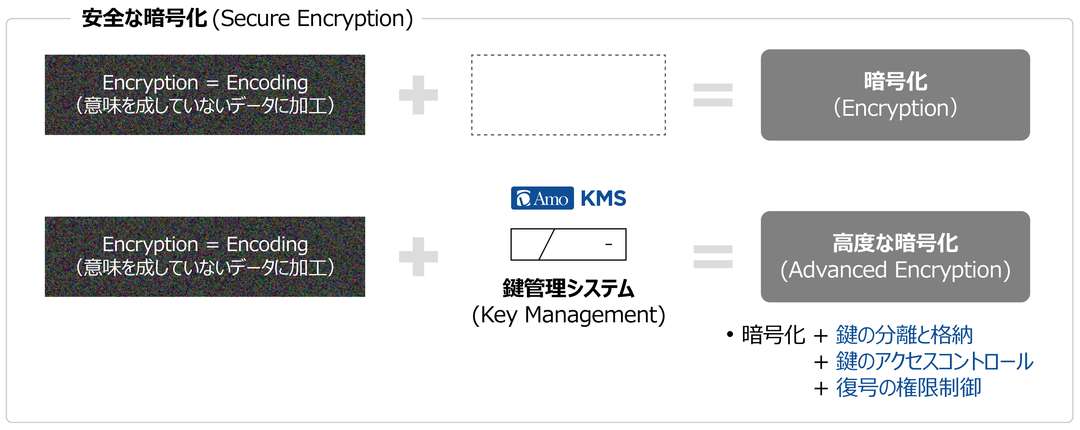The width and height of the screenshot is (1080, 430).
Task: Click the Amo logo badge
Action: pos(542,198)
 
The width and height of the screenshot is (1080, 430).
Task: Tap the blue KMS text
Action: pos(603,198)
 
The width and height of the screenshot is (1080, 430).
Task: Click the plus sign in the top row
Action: pos(419,95)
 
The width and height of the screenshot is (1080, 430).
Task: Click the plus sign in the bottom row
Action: pos(419,257)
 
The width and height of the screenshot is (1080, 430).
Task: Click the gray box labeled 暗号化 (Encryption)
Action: pos(895,95)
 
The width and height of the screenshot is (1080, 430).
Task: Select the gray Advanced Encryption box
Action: pos(895,257)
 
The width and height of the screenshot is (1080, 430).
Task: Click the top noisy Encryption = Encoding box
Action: pos(205,95)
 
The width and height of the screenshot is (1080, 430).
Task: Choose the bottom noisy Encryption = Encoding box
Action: pos(205,257)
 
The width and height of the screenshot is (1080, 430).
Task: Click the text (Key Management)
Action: pos(569,315)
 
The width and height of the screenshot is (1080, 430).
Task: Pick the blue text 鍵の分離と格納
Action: pos(904,335)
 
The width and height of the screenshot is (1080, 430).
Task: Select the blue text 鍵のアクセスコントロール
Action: pos(934,361)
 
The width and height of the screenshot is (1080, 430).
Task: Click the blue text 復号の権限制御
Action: pos(908,387)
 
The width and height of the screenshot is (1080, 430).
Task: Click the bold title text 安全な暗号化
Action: pos(144,19)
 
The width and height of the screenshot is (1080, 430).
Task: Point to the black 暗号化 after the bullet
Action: pos(773,335)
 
